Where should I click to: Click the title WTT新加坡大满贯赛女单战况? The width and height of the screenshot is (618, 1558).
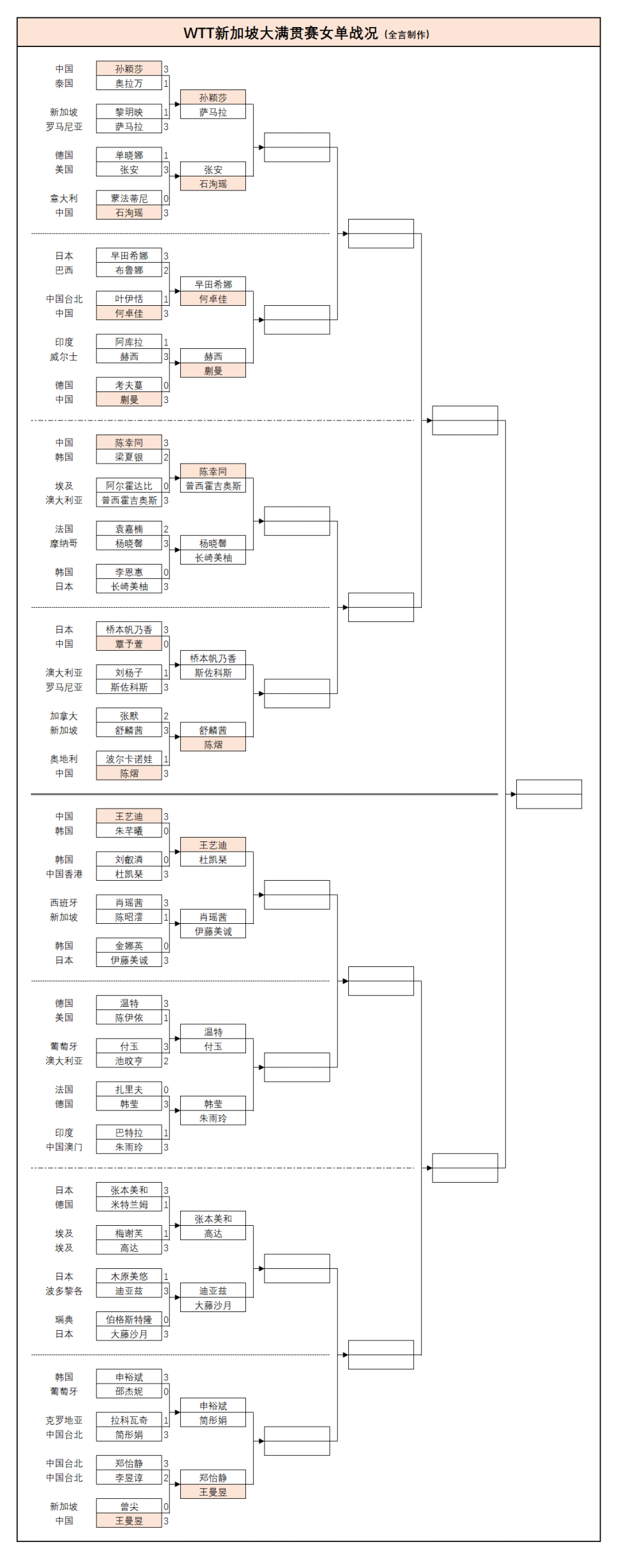[x=281, y=33]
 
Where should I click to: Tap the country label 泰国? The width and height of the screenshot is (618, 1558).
[x=64, y=84]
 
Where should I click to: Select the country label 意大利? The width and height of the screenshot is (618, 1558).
[x=64, y=198]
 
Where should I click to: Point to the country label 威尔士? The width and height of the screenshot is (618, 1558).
[x=64, y=357]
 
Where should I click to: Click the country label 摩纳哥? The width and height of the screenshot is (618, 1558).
[x=64, y=543]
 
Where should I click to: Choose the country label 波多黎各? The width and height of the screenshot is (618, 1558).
[x=64, y=1291]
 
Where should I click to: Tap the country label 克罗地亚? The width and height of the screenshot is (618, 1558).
[x=64, y=1420]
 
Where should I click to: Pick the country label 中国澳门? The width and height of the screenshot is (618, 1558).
[x=64, y=1147]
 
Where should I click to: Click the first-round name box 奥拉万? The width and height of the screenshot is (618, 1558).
[x=129, y=84]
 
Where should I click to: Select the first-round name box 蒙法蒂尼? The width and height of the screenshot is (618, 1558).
[x=129, y=198]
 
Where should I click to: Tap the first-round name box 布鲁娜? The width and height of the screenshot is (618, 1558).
[x=129, y=270]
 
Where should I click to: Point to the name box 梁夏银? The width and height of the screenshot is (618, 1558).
[x=129, y=457]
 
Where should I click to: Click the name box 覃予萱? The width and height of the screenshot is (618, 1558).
[x=129, y=644]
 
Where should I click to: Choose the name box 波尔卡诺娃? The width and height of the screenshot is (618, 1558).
[x=129, y=759]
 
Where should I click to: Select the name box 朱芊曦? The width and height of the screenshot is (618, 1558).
[x=129, y=831]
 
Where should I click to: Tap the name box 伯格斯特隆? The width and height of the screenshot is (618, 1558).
[x=129, y=1320]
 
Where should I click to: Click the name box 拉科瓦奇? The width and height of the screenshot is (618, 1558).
[x=129, y=1420]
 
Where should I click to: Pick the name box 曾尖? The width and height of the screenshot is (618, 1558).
[x=129, y=1506]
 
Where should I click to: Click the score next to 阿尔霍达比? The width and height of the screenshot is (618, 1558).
[x=165, y=486]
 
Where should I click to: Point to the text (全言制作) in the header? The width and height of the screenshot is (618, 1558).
[x=407, y=35]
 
